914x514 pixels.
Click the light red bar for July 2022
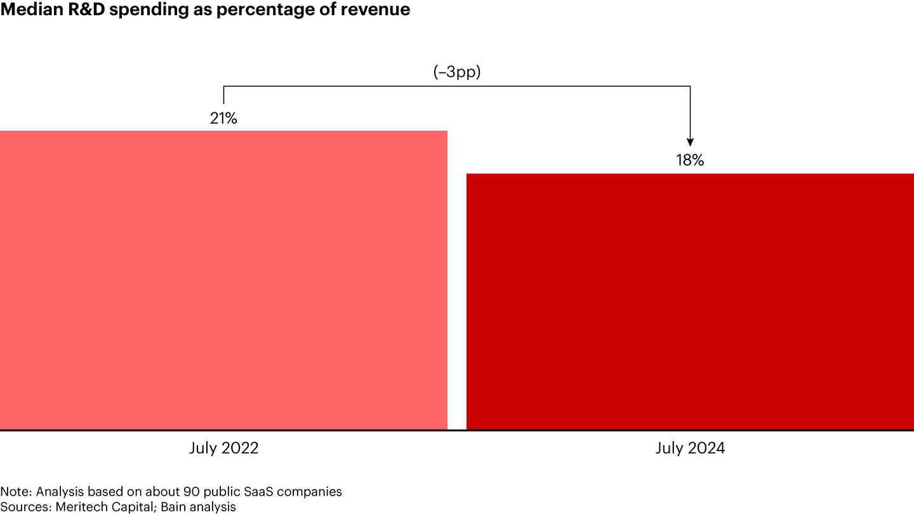[223, 280]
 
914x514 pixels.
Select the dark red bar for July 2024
[690, 301]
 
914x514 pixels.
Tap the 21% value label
[223, 118]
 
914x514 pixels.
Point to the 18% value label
[690, 161]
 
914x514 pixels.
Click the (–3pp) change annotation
[457, 72]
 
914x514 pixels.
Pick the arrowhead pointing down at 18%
[690, 142]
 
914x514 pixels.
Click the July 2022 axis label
[223, 448]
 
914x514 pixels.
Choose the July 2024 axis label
[690, 448]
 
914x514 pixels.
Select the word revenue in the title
[378, 10]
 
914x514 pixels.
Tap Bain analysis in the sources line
[194, 507]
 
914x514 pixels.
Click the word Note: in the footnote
[14, 492]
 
